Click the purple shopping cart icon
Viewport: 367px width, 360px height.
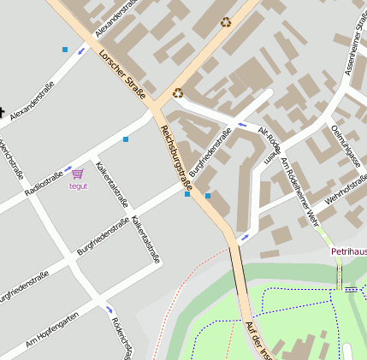(78, 174)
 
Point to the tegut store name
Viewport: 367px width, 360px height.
(78, 186)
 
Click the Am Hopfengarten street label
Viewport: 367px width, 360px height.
(52, 328)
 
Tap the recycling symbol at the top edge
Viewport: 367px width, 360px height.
(226, 22)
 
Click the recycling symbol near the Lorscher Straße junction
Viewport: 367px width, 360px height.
(178, 93)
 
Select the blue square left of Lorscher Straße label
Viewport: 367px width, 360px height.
(65, 50)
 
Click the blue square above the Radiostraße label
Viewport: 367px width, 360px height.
(126, 139)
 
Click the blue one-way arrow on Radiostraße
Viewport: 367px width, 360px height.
(68, 169)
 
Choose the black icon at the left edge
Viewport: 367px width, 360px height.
(3, 111)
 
